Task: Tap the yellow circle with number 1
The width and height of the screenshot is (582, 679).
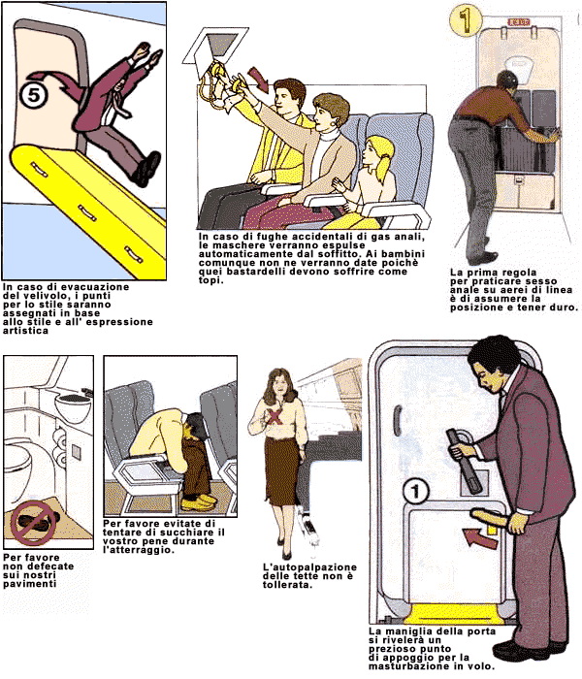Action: [x=466, y=19]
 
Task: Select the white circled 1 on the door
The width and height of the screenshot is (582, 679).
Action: [x=416, y=491]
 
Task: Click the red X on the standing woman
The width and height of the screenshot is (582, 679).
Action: [x=275, y=416]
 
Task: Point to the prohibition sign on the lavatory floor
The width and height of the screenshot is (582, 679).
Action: [x=33, y=523]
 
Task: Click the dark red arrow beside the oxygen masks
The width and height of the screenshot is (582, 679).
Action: [x=259, y=79]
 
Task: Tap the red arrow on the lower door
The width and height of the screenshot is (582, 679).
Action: [x=479, y=538]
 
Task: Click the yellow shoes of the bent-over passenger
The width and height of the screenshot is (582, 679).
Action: [x=198, y=501]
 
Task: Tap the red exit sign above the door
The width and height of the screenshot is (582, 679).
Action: [x=518, y=21]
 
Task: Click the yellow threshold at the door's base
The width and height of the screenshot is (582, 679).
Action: [x=455, y=614]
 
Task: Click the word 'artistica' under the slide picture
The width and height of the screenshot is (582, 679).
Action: [x=25, y=331]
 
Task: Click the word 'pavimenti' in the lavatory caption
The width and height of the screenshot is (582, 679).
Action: [x=29, y=584]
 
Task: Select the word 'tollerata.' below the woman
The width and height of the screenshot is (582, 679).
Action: [x=287, y=585]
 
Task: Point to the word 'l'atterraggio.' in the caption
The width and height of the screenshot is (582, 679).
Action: [x=139, y=550]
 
